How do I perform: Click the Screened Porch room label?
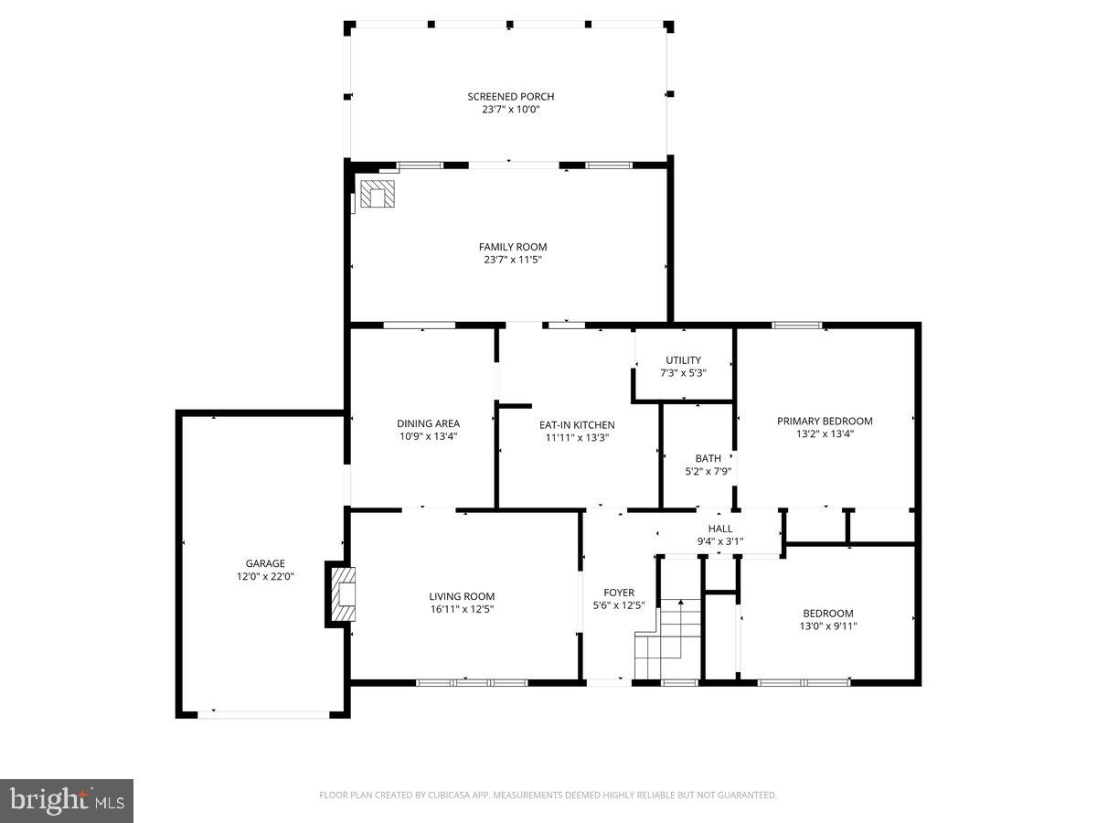(510, 97)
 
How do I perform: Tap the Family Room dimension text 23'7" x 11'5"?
(513, 260)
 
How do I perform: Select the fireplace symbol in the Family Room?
(376, 194)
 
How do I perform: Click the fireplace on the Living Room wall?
(341, 594)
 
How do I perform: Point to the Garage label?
(265, 563)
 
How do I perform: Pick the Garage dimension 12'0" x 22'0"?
(265, 577)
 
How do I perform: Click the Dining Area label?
(428, 423)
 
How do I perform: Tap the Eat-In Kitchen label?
(576, 424)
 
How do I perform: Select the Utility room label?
(683, 360)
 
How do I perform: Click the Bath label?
(708, 458)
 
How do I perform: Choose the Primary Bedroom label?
(825, 421)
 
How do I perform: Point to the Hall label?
(720, 529)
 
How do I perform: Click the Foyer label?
(619, 593)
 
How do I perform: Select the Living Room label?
(462, 596)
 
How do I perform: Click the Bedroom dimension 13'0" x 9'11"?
(828, 626)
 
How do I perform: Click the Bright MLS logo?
(67, 800)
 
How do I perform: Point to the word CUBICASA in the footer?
(453, 796)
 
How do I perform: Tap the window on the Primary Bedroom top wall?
(796, 325)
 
